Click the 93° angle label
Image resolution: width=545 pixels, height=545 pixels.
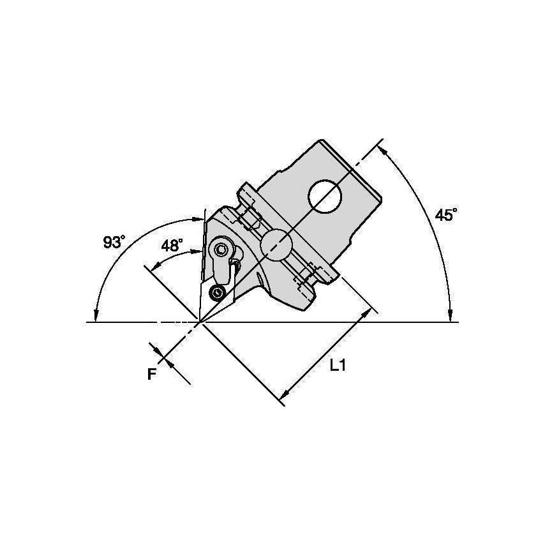pyautogui.click(x=114, y=242)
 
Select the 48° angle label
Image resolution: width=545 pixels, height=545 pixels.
pyautogui.click(x=172, y=246)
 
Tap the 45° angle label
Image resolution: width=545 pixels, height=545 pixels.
pyautogui.click(x=446, y=214)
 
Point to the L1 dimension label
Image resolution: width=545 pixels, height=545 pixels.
pyautogui.click(x=338, y=365)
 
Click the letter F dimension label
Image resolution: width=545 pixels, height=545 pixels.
pyautogui.click(x=151, y=374)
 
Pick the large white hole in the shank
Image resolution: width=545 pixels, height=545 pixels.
pyautogui.click(x=325, y=197)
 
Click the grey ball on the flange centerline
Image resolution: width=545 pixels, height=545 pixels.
pyautogui.click(x=277, y=246)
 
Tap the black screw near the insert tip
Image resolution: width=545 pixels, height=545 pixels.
pyautogui.click(x=218, y=293)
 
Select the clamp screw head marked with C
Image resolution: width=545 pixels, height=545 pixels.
pyautogui.click(x=221, y=249)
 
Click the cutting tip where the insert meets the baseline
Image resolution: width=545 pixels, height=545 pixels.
pyautogui.click(x=200, y=322)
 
